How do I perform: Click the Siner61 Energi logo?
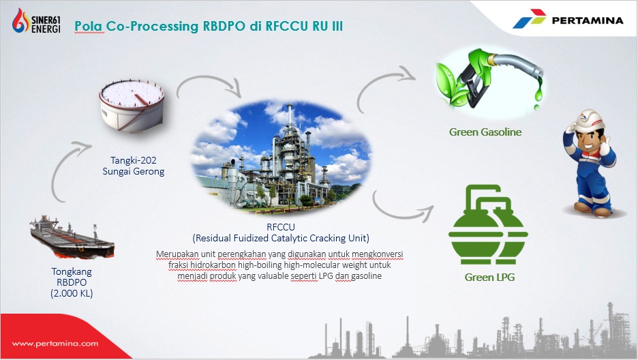[37, 20]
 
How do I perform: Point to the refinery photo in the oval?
[281, 154]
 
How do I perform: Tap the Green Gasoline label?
[485, 132]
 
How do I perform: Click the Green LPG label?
[489, 277]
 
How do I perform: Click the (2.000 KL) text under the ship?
[72, 294]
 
